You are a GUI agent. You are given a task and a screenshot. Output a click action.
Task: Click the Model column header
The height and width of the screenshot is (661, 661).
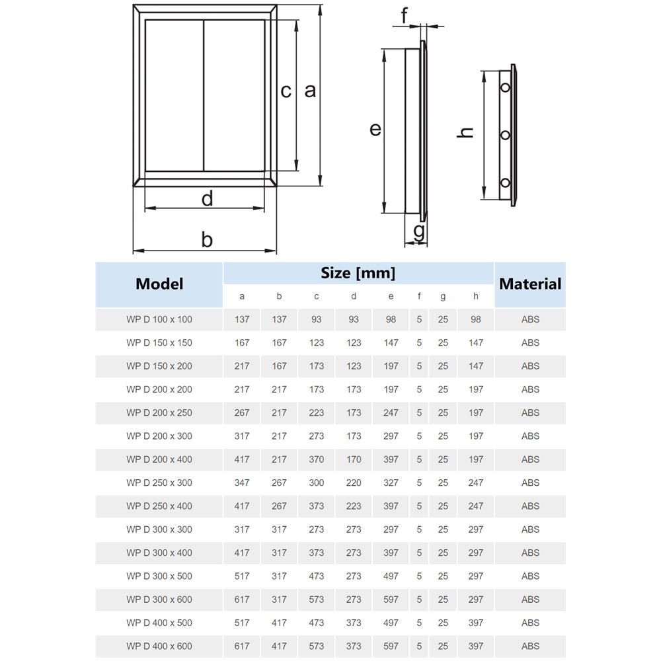(159, 284)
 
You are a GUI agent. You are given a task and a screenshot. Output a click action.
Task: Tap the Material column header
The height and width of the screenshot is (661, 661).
(529, 284)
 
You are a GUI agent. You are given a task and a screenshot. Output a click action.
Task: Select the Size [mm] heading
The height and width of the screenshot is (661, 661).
(358, 272)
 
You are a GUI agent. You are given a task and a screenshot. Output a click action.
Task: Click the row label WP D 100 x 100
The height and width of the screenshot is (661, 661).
(159, 319)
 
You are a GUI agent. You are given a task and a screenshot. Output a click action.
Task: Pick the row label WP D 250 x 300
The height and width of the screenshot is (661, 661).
(159, 483)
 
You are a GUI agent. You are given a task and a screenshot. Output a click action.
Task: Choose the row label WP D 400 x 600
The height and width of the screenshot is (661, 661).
(159, 646)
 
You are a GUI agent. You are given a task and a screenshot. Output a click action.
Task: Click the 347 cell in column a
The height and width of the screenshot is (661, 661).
(242, 483)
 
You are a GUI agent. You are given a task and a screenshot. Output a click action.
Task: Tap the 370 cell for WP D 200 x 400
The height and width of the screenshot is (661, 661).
(317, 459)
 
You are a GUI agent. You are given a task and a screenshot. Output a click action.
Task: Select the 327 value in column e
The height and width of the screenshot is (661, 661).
(391, 483)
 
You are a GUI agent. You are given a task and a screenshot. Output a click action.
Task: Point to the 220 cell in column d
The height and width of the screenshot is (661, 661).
(354, 483)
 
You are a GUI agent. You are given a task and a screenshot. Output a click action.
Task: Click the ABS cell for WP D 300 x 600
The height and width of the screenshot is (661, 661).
(530, 600)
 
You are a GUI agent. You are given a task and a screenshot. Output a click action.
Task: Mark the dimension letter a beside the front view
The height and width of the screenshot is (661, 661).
(310, 91)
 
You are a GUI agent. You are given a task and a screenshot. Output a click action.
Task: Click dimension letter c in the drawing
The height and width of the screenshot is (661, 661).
(286, 91)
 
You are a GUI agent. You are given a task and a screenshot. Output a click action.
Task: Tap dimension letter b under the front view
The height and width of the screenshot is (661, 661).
(207, 239)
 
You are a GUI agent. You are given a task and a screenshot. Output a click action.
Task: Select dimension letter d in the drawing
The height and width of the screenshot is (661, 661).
(207, 198)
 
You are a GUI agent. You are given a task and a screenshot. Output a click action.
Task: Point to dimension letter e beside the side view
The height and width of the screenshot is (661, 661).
(375, 129)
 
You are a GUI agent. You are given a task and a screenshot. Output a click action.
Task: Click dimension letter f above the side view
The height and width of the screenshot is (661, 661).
(405, 14)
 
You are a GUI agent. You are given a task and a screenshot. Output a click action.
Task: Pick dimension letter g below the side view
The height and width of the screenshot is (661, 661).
(418, 231)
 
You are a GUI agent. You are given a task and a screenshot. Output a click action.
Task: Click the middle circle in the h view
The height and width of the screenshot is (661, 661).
(506, 136)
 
